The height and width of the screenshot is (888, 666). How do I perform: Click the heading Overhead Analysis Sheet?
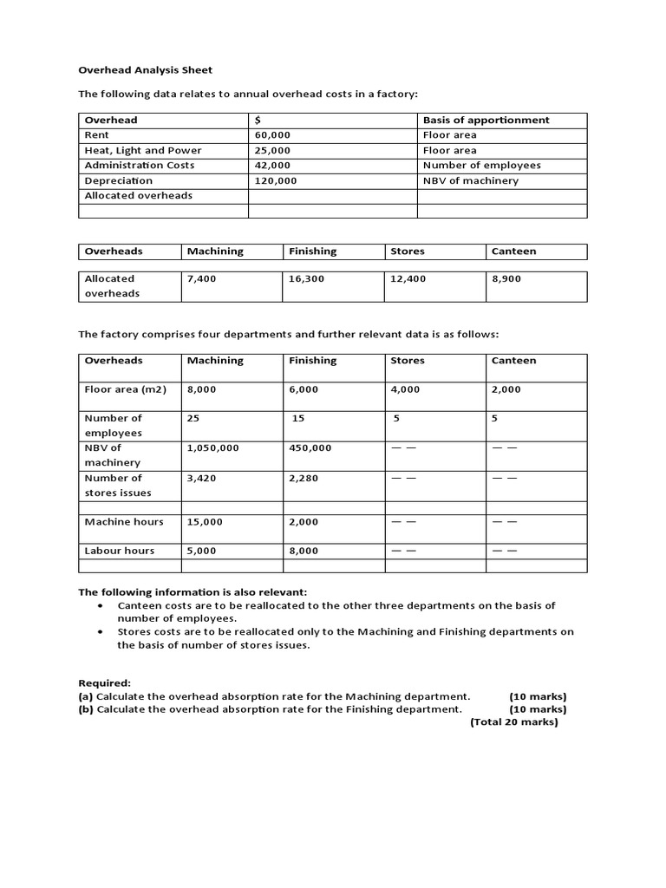pyautogui.click(x=145, y=69)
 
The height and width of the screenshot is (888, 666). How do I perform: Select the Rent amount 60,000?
pyautogui.click(x=272, y=135)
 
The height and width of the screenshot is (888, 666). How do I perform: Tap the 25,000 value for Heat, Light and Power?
pyautogui.click(x=272, y=150)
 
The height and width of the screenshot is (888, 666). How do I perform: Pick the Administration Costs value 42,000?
pyautogui.click(x=272, y=165)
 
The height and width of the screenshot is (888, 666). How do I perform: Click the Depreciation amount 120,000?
pyautogui.click(x=276, y=180)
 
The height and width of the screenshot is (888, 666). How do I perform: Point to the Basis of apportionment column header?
pyautogui.click(x=486, y=120)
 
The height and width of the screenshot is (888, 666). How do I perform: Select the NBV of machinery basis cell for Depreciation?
pyautogui.click(x=470, y=180)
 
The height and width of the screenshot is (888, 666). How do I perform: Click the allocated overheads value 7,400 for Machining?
pyautogui.click(x=201, y=278)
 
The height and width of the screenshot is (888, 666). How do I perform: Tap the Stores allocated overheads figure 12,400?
pyautogui.click(x=408, y=278)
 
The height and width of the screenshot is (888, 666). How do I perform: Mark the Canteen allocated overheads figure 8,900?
pyautogui.click(x=506, y=278)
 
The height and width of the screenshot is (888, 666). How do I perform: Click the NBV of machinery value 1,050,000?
pyautogui.click(x=212, y=447)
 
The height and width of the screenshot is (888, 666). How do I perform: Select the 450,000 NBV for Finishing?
pyautogui.click(x=310, y=447)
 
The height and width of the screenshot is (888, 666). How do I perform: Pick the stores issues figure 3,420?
pyautogui.click(x=201, y=478)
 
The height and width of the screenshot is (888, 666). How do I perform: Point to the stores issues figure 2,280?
pyautogui.click(x=304, y=478)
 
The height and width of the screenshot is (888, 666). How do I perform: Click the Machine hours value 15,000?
pyautogui.click(x=205, y=522)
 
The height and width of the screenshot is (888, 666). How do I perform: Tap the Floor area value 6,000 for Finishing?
pyautogui.click(x=304, y=389)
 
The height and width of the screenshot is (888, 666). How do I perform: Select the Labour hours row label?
pyautogui.click(x=120, y=551)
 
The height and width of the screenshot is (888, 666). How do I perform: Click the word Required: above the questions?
pyautogui.click(x=105, y=682)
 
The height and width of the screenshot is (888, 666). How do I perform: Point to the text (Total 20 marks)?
pyautogui.click(x=513, y=721)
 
